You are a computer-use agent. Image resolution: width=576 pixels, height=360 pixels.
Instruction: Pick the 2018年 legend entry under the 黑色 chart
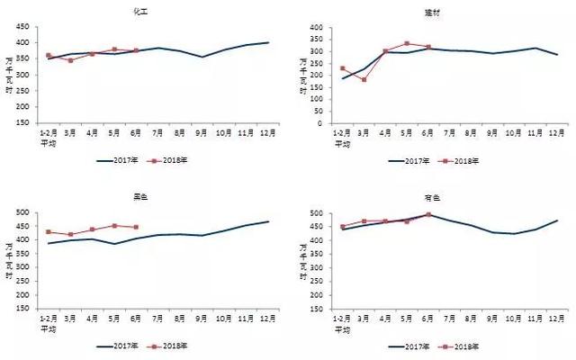click(x=170, y=346)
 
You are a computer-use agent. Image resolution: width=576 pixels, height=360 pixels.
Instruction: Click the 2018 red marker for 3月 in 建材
click(x=364, y=79)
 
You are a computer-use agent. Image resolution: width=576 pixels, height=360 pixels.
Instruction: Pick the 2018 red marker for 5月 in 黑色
click(x=113, y=226)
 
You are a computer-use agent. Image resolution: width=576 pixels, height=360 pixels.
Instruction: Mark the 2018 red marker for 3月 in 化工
click(x=70, y=60)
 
